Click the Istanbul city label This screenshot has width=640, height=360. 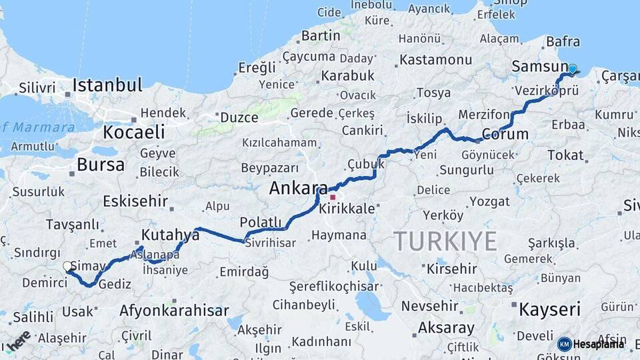[107, 85]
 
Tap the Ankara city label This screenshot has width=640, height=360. [298, 189]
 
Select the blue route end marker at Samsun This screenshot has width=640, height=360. [572, 69]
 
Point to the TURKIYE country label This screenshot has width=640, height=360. [445, 241]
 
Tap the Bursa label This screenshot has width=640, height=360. [101, 165]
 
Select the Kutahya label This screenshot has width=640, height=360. [170, 235]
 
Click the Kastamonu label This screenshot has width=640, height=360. [436, 60]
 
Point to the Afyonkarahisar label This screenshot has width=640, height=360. [174, 311]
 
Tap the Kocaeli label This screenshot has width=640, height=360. [134, 132]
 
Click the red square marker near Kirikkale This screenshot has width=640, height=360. [333, 197]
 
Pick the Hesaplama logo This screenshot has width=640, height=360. [591, 344]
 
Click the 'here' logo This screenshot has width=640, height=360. [18, 340]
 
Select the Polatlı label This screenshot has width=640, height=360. [260, 222]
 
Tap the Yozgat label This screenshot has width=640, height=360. [489, 201]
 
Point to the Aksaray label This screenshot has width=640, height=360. [446, 328]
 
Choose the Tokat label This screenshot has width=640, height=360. [565, 155]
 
